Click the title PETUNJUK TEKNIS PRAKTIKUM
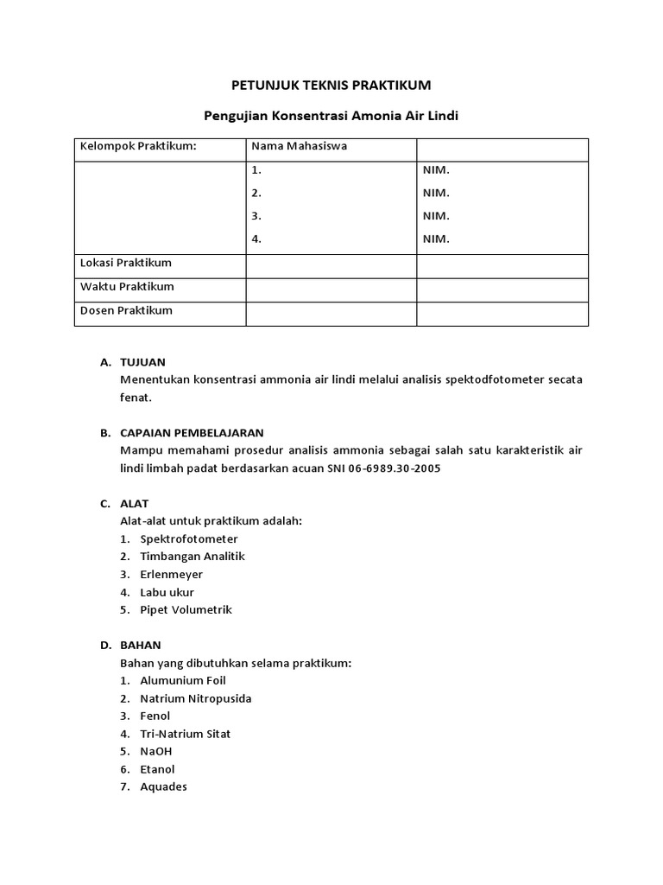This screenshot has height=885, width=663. pyautogui.click(x=331, y=85)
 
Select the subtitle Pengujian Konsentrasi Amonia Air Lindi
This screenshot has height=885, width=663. pyautogui.click(x=331, y=115)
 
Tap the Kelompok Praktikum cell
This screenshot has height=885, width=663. pyautogui.click(x=138, y=146)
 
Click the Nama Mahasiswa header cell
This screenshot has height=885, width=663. pyautogui.click(x=299, y=146)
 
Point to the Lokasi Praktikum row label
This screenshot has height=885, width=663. pyautogui.click(x=126, y=263)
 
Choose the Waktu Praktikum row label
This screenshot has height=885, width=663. pyautogui.click(x=127, y=286)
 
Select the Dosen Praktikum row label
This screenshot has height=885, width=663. pyautogui.click(x=126, y=310)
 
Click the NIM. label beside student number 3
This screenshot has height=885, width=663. pyautogui.click(x=436, y=216)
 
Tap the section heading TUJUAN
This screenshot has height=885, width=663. pyautogui.click(x=142, y=362)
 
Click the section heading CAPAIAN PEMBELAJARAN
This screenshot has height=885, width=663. pyautogui.click(x=193, y=433)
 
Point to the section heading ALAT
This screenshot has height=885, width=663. pyautogui.click(x=135, y=504)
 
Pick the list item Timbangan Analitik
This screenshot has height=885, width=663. pyautogui.click(x=192, y=557)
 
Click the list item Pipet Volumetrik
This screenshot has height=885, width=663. pyautogui.click(x=186, y=610)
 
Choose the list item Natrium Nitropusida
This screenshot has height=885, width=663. pyautogui.click(x=195, y=698)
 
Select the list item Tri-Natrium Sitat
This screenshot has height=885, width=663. pyautogui.click(x=185, y=734)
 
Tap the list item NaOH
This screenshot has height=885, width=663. pyautogui.click(x=155, y=752)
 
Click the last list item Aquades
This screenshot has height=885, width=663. pyautogui.click(x=163, y=787)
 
